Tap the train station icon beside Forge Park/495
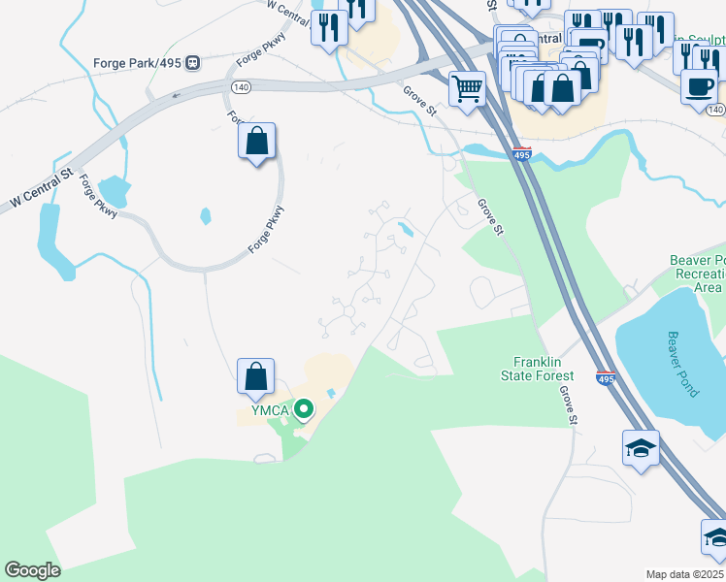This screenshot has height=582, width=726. click(x=193, y=63)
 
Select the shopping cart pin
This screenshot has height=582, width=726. click(x=468, y=90)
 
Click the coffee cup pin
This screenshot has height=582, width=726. click(x=700, y=86)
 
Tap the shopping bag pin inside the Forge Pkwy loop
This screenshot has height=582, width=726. click(x=256, y=142)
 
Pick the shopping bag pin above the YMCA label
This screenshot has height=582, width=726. click(x=256, y=376)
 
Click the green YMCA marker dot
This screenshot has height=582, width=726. click(x=303, y=409)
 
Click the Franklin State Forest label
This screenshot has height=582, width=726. click(x=537, y=369)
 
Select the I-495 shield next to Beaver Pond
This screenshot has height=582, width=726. click(x=606, y=378)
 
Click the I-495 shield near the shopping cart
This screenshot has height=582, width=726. click(x=522, y=153)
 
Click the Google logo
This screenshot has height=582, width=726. click(x=32, y=570)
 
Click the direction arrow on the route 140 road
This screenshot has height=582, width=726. click(x=176, y=95)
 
